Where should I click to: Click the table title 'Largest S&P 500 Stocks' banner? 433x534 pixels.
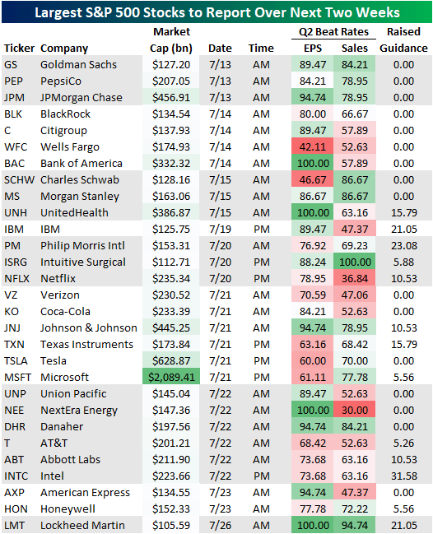tap(216, 12)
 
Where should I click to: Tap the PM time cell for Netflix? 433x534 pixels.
tap(261, 278)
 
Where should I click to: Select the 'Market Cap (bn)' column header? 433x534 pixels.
tap(171, 40)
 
